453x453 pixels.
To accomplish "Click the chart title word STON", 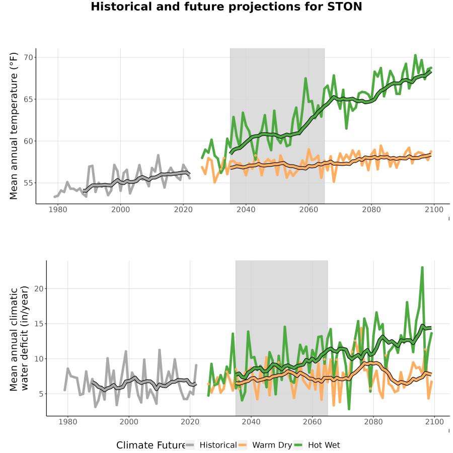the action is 345,7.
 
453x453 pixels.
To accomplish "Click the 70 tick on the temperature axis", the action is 29,57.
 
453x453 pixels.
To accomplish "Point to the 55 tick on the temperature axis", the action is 29,183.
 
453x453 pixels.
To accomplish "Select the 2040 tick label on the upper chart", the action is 246,209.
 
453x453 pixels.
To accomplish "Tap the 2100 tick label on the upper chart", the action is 434,209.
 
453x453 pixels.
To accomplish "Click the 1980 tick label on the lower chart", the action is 68,422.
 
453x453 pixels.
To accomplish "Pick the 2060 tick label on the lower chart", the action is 312,422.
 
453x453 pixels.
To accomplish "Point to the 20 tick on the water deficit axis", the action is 39,288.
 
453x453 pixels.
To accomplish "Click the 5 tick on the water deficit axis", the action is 41,394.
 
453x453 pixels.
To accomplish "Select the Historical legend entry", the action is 211,445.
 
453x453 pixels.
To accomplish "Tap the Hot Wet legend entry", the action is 317,445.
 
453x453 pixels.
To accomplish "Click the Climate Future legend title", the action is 150,445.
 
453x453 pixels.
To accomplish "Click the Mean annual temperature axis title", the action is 14,126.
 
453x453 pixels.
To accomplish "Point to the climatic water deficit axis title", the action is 19,338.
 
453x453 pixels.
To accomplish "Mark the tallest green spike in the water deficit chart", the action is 422,268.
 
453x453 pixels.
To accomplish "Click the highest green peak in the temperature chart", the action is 415,55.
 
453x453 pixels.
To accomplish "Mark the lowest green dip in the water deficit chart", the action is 349,409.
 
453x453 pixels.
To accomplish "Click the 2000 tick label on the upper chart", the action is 120,209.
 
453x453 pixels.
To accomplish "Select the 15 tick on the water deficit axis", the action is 39,324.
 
